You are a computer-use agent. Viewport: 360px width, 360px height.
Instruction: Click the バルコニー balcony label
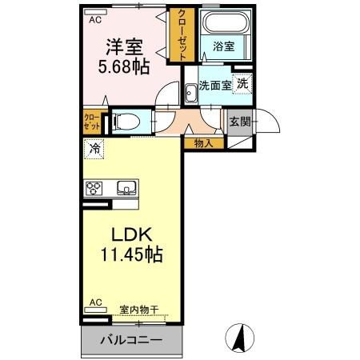click(131, 340)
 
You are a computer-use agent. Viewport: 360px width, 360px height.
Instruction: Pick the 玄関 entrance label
click(239, 122)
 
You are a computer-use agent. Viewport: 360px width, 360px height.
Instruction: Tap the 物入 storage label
click(203, 143)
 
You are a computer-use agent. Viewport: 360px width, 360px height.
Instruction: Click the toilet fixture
click(126, 122)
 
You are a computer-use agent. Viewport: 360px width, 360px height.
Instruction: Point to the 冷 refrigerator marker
click(95, 148)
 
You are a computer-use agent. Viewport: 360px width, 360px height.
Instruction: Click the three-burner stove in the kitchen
click(95, 189)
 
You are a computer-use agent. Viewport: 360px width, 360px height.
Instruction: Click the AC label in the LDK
click(95, 303)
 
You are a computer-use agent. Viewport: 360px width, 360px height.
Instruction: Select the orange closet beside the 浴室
click(182, 35)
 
